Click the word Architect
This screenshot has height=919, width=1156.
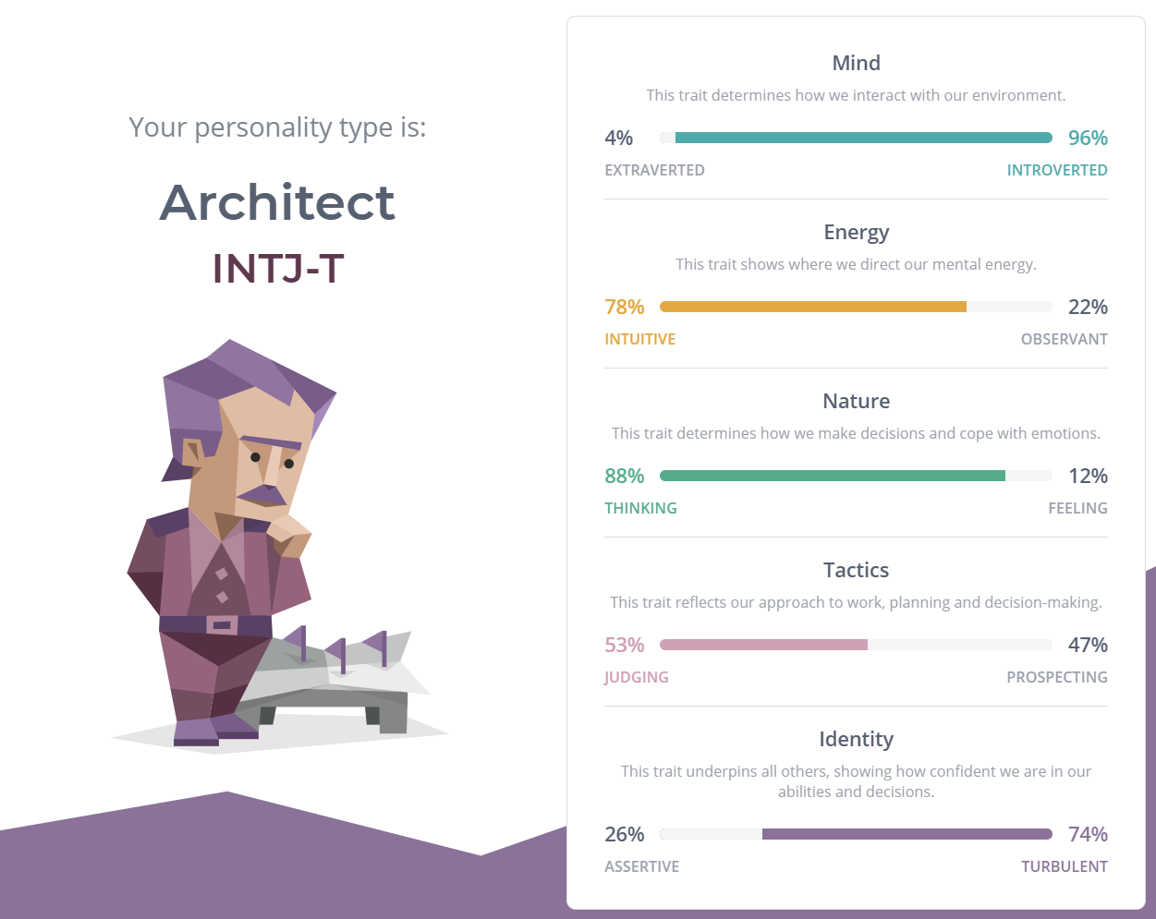tap(277, 202)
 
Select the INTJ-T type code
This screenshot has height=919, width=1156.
tap(278, 268)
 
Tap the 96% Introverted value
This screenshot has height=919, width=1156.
tap(1088, 138)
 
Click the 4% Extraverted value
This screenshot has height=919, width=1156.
tap(618, 138)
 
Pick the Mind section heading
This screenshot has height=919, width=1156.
tap(856, 63)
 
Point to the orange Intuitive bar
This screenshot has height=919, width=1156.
tap(813, 307)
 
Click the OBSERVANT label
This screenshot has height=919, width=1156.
tap(1064, 340)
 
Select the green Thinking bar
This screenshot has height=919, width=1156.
tap(832, 476)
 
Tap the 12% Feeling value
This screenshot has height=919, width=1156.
tap(1088, 476)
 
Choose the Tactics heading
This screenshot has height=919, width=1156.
tap(856, 570)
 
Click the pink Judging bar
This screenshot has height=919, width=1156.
tap(763, 645)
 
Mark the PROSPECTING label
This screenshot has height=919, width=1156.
tap(1056, 677)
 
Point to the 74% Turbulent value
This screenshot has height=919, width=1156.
tap(1088, 834)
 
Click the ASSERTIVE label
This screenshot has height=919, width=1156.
tap(641, 867)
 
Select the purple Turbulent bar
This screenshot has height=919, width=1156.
tap(907, 834)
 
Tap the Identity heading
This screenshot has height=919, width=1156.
tap(856, 739)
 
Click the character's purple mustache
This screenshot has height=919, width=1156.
tap(263, 495)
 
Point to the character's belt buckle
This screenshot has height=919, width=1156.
tap(222, 624)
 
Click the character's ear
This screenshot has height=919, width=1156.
tap(193, 453)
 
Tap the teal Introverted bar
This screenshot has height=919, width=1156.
tap(863, 138)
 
